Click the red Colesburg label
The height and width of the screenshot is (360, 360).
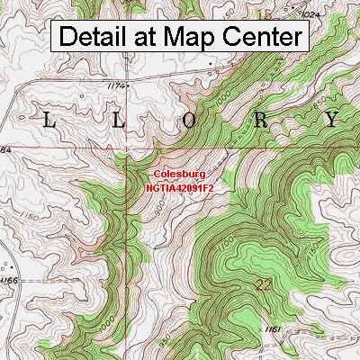pyautogui.click(x=180, y=176)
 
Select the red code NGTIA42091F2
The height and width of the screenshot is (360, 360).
pyautogui.click(x=180, y=189)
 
